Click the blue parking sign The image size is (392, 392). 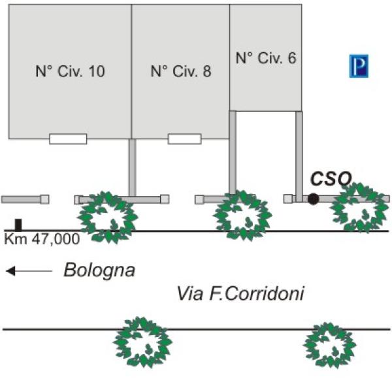point(359,66)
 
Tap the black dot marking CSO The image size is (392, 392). point(313,199)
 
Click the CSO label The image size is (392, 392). point(331,178)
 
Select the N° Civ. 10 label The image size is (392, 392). point(70,71)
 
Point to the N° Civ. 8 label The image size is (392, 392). point(181,71)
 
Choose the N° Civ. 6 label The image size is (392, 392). point(266,58)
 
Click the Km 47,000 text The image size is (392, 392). point(42,239)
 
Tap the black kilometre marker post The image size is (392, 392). point(18,225)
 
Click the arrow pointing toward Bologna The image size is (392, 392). point(29,270)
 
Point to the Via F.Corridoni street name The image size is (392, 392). point(240,293)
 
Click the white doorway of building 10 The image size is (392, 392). point(68,139)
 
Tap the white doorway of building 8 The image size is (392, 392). point(185,139)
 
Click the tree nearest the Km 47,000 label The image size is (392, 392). point(108,218)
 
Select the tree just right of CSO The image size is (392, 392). point(359,208)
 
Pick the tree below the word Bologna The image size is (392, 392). point(142,342)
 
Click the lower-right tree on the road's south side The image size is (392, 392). point(330,345)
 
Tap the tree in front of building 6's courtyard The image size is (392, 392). point(243,216)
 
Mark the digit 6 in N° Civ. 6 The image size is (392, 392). point(292,58)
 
